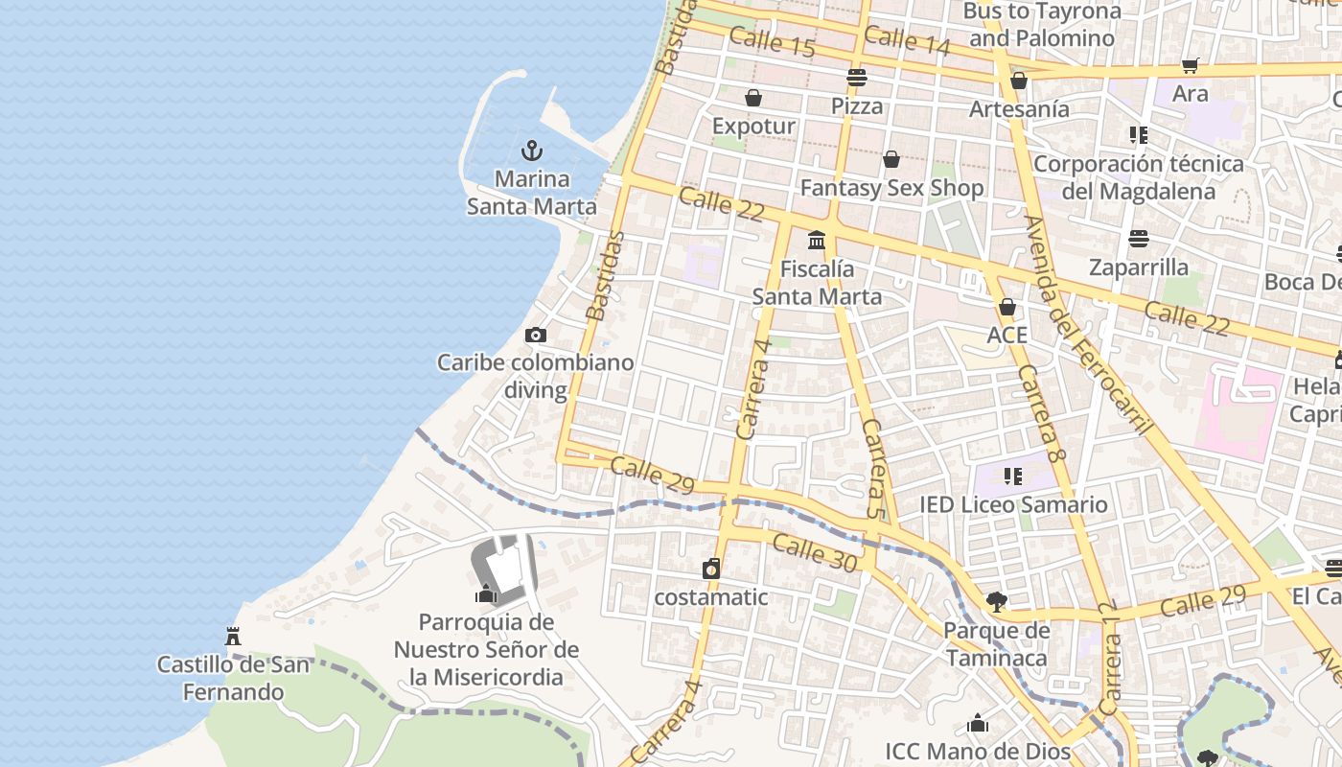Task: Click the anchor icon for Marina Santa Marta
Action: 531,151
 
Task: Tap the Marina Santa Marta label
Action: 531,193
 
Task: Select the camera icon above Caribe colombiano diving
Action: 536,335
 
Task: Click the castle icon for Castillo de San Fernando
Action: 232,636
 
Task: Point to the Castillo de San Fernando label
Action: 234,678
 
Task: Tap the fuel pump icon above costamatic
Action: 711,569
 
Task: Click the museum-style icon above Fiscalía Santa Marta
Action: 817,240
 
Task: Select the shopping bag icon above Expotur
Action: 753,98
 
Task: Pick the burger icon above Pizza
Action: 857,78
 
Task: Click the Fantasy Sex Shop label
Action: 891,188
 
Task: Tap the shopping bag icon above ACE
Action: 1006,307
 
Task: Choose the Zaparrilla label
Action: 1139,267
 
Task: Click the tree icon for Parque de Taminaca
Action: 997,602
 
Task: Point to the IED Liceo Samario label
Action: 1013,504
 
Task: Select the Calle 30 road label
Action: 814,554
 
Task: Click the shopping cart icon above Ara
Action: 1191,65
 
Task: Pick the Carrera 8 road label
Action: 1042,414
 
